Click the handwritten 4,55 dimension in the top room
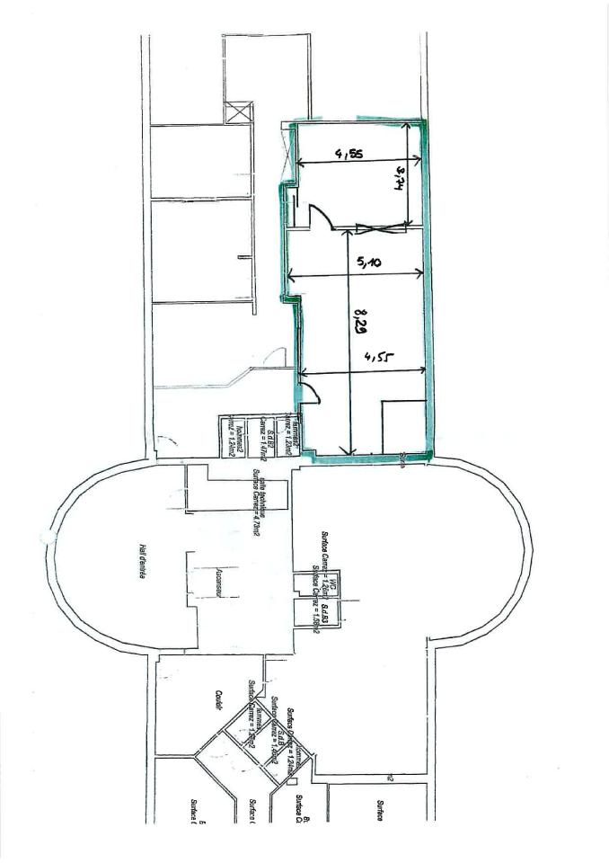point(350,155)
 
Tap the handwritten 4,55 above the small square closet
point(375,360)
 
